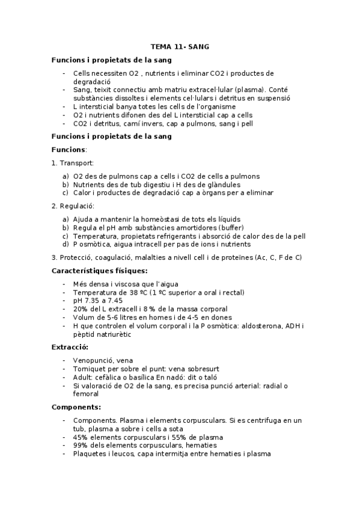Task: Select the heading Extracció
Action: [70, 347]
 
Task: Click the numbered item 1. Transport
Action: [72, 163]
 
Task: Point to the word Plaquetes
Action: [90, 454]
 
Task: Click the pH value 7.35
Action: [94, 301]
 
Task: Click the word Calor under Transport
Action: [83, 193]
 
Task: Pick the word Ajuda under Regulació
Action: [84, 220]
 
